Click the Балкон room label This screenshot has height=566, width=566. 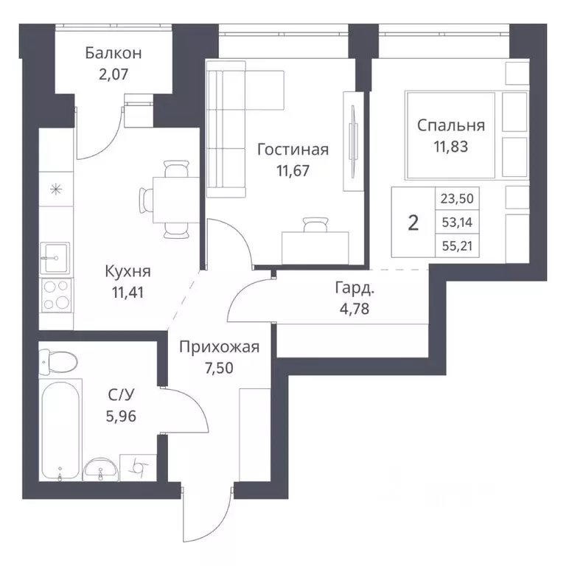coord(113,53)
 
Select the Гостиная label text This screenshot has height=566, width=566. coord(293,150)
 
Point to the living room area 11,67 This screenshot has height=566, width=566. coord(293,170)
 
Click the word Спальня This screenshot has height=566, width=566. coord(451,125)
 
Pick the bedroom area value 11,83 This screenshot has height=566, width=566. coord(451,145)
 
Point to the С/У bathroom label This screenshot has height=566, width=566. coord(121,395)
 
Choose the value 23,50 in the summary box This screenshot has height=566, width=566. coord(458,198)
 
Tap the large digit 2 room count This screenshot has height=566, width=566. coord(413,223)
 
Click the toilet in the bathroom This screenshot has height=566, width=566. coord(60,362)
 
